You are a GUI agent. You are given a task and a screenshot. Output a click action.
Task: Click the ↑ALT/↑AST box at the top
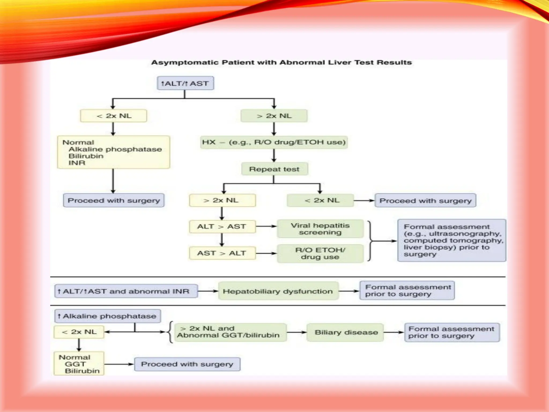click(x=185, y=83)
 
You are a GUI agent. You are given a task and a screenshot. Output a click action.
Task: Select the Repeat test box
click(x=274, y=169)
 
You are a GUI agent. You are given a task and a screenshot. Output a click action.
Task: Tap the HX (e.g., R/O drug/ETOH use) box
click(x=274, y=142)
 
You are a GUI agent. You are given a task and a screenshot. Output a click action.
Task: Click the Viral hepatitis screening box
click(x=320, y=229)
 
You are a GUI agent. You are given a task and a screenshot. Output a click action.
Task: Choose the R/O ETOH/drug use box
click(x=320, y=253)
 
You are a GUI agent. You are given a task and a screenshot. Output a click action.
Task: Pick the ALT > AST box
click(x=222, y=227)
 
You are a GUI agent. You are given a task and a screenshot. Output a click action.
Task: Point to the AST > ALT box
click(x=222, y=253)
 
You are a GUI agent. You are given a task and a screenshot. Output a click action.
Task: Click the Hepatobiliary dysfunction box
click(x=278, y=291)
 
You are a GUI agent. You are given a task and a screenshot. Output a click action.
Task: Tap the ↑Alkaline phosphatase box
click(x=107, y=316)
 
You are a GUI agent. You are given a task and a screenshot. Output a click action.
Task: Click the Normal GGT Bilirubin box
click(x=79, y=364)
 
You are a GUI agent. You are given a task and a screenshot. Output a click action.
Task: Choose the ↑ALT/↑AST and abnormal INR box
click(x=126, y=291)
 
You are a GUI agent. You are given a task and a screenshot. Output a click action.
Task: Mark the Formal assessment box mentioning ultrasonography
click(x=451, y=240)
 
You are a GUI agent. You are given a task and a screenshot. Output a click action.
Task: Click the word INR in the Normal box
click(x=77, y=163)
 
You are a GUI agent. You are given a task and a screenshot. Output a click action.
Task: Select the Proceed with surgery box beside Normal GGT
click(x=187, y=364)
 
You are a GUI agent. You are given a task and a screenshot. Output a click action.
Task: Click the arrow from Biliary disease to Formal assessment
click(x=394, y=332)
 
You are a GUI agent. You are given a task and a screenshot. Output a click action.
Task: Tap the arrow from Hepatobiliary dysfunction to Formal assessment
click(x=349, y=291)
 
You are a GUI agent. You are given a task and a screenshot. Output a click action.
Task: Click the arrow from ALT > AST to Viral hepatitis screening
click(x=266, y=226)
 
